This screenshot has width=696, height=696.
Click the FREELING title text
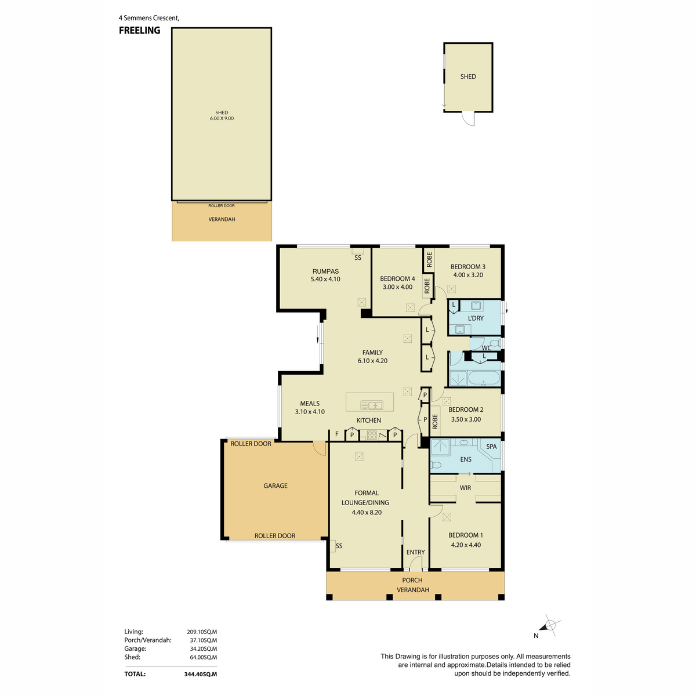[x=139, y=30]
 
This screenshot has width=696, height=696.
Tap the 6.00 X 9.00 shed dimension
[x=222, y=118]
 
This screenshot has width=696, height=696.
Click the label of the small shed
[x=468, y=77]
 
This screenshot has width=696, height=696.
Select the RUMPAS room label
[x=325, y=271]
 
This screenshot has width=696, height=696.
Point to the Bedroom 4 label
[x=397, y=279]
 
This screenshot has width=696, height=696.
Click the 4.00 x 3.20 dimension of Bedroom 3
[x=468, y=275]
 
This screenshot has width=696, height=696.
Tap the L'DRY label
[x=476, y=318]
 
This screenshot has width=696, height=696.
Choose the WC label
[x=487, y=348]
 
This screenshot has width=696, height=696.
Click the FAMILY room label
[x=372, y=353]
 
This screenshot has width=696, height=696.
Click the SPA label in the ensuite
[x=491, y=447]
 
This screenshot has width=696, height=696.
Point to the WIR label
[x=465, y=488]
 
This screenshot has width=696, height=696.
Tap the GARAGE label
[x=275, y=486]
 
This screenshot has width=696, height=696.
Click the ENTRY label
[x=415, y=552]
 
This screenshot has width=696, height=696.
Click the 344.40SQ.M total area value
[x=201, y=674]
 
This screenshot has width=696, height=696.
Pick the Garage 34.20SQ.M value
[x=204, y=648]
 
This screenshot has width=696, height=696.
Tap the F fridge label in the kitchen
[x=336, y=434]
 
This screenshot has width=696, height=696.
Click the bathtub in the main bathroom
[x=484, y=379]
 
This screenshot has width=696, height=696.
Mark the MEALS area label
[x=310, y=404]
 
